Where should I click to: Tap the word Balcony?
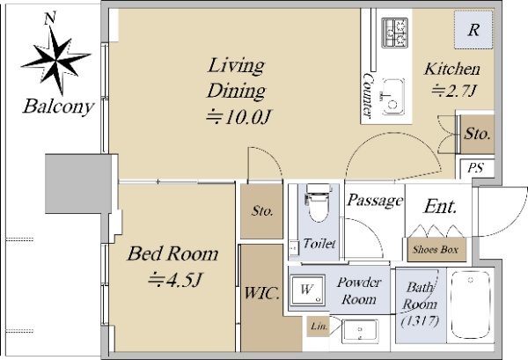pyautogui.click(x=58, y=107)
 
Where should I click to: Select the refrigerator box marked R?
pyautogui.click(x=473, y=30)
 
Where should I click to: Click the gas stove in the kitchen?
pyautogui.click(x=394, y=33)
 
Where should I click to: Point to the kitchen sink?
pyautogui.click(x=392, y=97)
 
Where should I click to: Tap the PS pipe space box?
pyautogui.click(x=476, y=168)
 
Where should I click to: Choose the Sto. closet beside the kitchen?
pyautogui.click(x=477, y=134)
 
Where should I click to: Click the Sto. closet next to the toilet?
pyautogui.click(x=261, y=211)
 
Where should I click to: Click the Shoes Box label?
pyautogui.click(x=436, y=250)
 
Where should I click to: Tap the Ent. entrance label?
pyautogui.click(x=440, y=206)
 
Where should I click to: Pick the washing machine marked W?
pyautogui.click(x=308, y=290)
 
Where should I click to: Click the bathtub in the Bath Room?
pyautogui.click(x=470, y=305)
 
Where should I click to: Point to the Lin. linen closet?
pyautogui.click(x=319, y=327)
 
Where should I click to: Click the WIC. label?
pyautogui.click(x=261, y=293)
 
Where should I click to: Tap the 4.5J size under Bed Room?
pyautogui.click(x=175, y=280)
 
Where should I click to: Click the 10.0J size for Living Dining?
pyautogui.click(x=238, y=117)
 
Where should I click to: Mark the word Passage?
pyautogui.click(x=375, y=201)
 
